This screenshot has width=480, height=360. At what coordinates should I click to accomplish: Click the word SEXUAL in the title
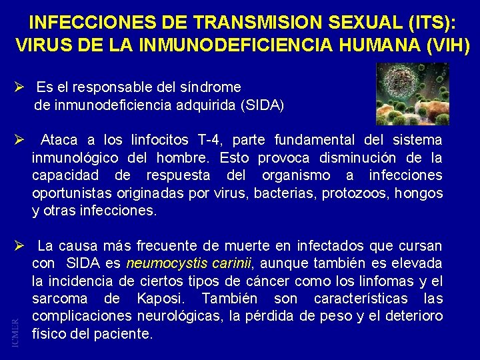pyautogui.click(x=361, y=22)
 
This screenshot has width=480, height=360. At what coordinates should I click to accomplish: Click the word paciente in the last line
pyautogui.click(x=129, y=333)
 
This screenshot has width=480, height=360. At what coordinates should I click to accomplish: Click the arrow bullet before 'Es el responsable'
pyautogui.click(x=21, y=87)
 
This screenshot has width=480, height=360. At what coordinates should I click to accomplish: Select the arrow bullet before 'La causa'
pyautogui.click(x=21, y=246)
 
